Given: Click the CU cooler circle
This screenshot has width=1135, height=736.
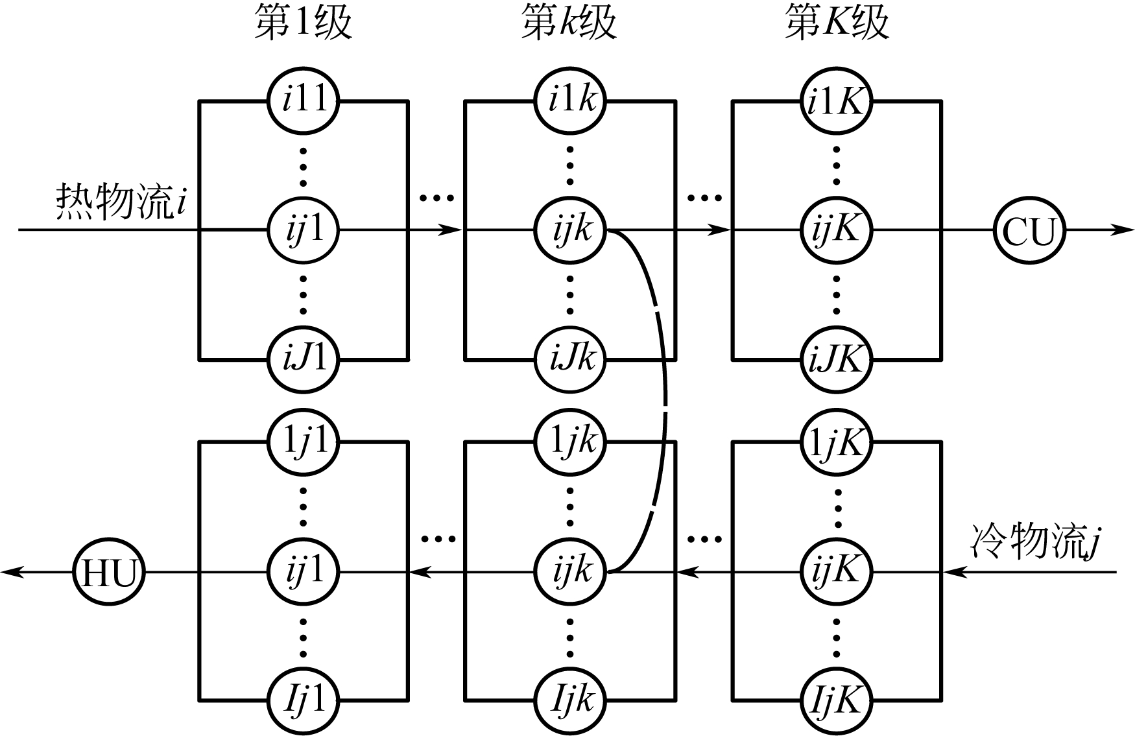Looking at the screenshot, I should point(1029,230).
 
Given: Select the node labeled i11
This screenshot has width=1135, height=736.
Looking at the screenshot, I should point(304,101).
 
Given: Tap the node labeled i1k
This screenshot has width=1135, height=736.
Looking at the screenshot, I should point(570,101).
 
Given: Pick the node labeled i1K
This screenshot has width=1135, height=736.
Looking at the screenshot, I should point(836,101).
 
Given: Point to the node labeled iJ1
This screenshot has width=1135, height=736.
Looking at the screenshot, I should point(304,359).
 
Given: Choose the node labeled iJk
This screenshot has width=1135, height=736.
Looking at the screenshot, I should point(570,359).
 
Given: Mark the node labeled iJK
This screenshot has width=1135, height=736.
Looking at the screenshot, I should point(836,359).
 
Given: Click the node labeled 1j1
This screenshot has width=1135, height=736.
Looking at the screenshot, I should point(304,442).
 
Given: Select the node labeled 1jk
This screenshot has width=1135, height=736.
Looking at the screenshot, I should point(570,442).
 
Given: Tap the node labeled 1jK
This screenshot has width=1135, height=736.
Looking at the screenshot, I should point(836,442).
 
